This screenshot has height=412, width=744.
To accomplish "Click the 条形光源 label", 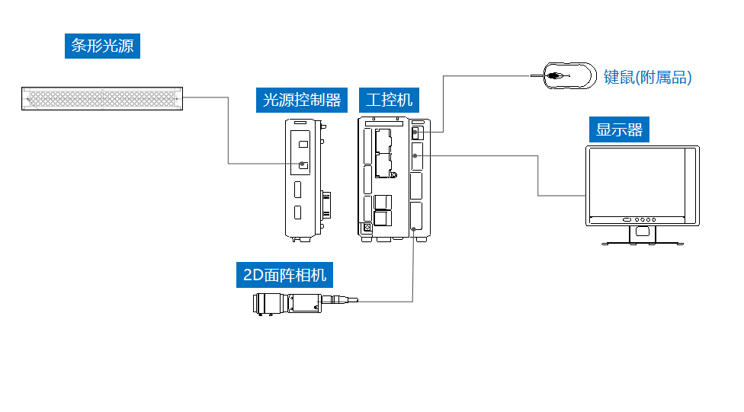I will click(102, 46).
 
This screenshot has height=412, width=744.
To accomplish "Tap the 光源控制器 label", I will click(301, 100).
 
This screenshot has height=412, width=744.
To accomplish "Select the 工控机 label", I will click(389, 100).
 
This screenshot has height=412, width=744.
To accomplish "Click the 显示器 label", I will click(619, 129).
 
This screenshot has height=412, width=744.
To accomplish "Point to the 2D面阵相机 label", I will click(285, 275).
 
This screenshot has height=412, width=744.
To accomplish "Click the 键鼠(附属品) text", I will click(647, 77).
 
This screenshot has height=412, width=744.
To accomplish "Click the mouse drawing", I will click(569, 75).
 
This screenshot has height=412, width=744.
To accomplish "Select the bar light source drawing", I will click(101, 98).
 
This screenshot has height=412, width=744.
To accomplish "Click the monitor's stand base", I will click(642, 242).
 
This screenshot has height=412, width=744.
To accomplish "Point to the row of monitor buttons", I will click(642, 219).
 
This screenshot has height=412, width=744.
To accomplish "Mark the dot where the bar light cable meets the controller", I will click(303, 164).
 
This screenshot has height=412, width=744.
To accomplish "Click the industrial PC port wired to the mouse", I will click(415, 133).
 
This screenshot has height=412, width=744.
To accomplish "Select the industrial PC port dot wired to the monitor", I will click(415, 155).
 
